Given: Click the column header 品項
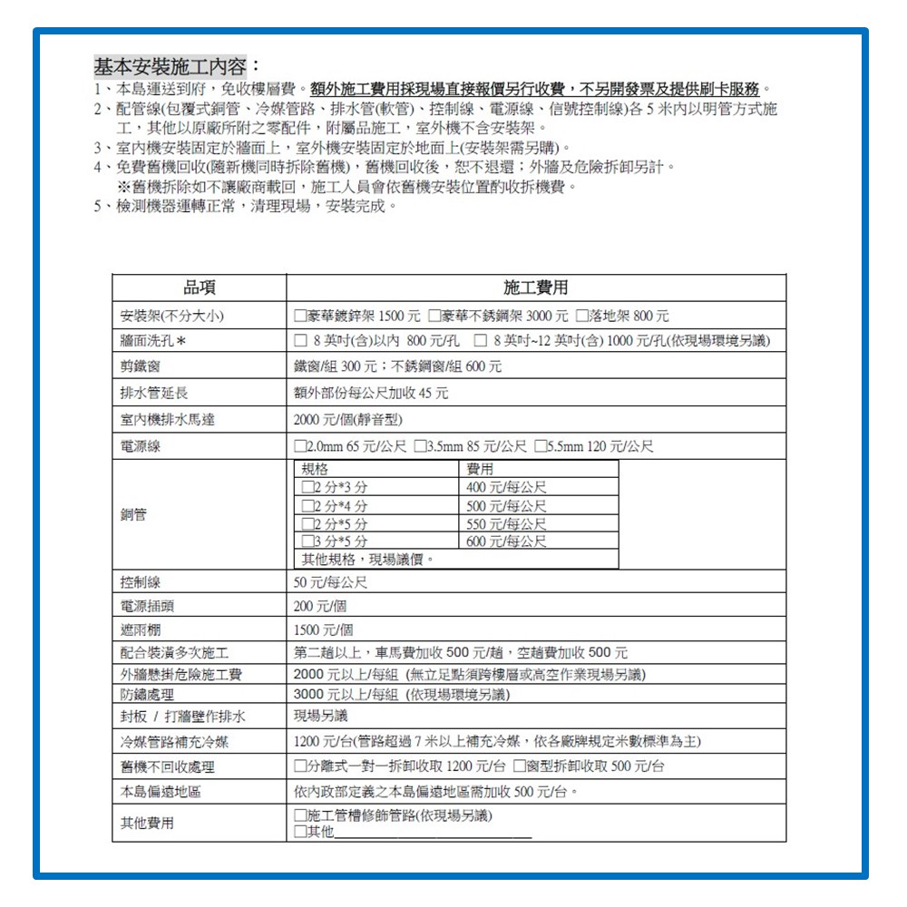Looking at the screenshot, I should (x=199, y=288).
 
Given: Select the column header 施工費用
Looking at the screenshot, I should (x=535, y=288).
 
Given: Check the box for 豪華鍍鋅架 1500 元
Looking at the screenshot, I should (x=299, y=316).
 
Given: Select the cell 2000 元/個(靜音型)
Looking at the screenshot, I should (x=347, y=420).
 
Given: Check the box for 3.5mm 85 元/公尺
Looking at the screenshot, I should (x=420, y=447).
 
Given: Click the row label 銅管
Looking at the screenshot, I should (x=133, y=514).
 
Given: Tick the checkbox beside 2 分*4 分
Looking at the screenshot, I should (x=307, y=506).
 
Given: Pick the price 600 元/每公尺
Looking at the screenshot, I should (x=506, y=541).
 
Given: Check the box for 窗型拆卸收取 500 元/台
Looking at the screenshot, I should (x=521, y=766).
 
